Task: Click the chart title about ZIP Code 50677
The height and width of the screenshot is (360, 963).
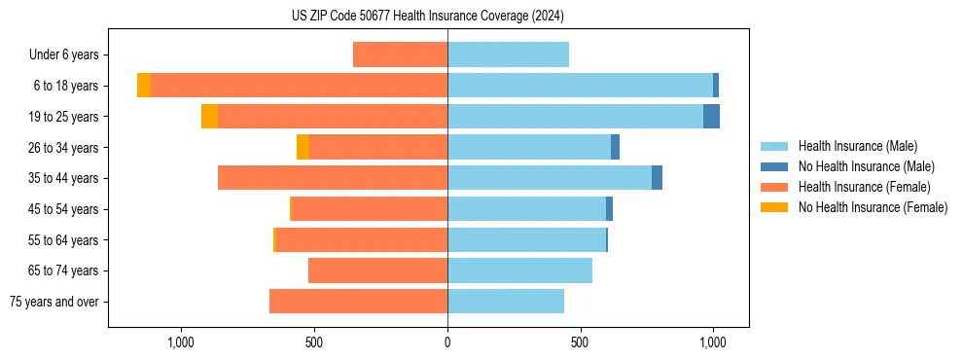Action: [428, 16]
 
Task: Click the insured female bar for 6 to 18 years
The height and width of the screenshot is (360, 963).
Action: [299, 86]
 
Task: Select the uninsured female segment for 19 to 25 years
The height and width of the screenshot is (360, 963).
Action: [209, 117]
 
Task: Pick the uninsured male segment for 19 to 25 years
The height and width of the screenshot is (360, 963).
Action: [711, 117]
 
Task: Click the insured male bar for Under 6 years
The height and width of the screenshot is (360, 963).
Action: [508, 54]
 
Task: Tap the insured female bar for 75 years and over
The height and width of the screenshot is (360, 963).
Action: [358, 302]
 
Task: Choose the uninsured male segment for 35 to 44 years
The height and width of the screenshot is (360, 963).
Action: [657, 178]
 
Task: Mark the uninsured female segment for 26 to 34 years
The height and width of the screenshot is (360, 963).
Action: [303, 147]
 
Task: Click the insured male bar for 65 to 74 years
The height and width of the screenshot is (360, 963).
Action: [519, 270]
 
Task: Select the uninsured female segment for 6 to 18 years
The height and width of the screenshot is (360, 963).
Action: [144, 86]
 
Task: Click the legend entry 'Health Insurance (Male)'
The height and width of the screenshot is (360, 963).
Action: [857, 146]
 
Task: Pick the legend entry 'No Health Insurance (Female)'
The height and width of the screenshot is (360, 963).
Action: [873, 207]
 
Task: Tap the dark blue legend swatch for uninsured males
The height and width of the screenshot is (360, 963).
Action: [775, 166]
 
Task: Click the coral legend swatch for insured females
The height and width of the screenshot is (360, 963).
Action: [775, 187]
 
